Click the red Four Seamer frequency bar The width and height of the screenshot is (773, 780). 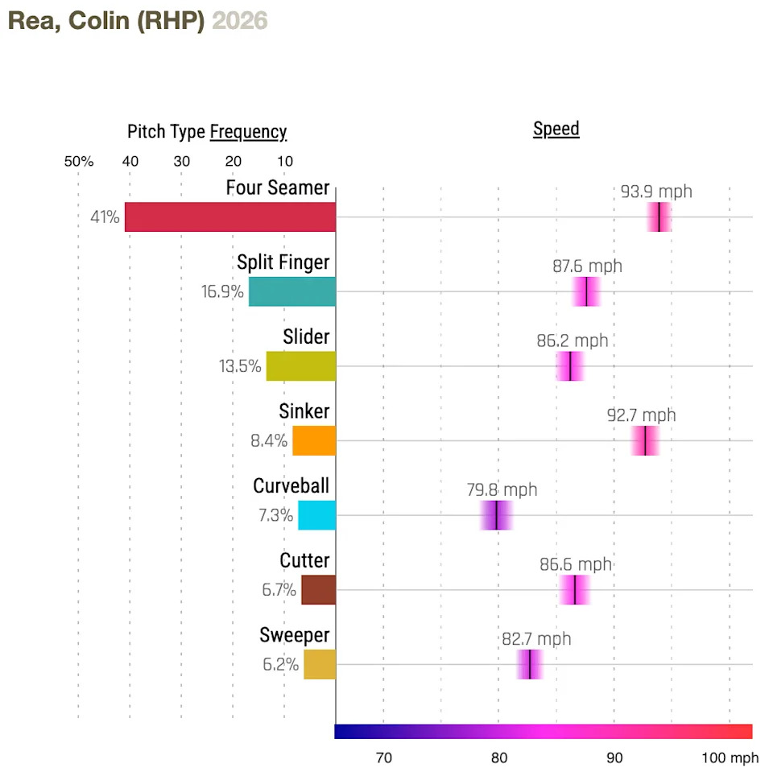(x=230, y=217)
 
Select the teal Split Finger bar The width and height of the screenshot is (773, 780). (x=292, y=291)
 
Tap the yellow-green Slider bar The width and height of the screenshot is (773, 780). (x=301, y=366)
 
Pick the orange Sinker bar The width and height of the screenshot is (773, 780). (x=314, y=441)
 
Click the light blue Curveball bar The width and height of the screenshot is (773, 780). (x=317, y=515)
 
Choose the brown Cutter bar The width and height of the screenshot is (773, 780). (x=319, y=590)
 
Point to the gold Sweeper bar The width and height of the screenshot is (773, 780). (x=320, y=665)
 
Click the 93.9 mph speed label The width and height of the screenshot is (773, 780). (x=656, y=192)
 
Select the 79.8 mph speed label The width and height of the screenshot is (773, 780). (x=502, y=490)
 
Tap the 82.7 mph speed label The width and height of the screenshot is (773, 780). (x=536, y=639)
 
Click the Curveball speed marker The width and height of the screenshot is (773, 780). (x=497, y=515)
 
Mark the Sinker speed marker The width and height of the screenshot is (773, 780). (x=645, y=441)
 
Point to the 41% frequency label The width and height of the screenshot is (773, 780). (x=105, y=217)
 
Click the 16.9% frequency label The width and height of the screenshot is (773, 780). (x=222, y=291)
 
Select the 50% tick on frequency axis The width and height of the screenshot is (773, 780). (x=79, y=161)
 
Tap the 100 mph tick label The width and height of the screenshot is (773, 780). (x=730, y=757)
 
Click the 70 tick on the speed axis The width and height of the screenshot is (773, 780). (x=383, y=757)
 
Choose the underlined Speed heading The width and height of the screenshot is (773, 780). (x=556, y=130)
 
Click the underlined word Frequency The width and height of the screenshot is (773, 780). (x=248, y=132)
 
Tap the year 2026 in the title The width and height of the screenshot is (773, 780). (x=240, y=21)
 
